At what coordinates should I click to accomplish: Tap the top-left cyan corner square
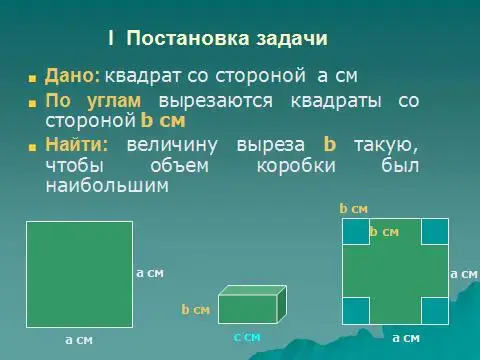click(355, 231)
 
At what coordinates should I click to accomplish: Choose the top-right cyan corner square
click(433, 231)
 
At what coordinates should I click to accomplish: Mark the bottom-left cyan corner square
click(355, 310)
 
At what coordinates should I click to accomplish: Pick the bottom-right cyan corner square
click(433, 310)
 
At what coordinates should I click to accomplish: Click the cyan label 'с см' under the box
click(247, 337)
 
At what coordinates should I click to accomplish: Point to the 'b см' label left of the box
click(196, 310)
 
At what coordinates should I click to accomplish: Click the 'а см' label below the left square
click(79, 340)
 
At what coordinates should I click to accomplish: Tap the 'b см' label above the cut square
click(353, 209)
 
